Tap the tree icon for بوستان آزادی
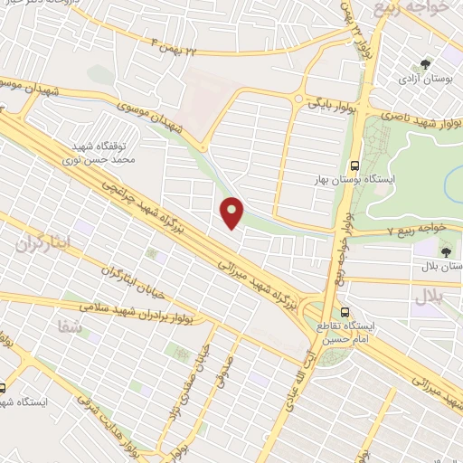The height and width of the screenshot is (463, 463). (426, 63)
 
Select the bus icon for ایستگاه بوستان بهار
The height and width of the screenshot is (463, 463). (354, 165)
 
